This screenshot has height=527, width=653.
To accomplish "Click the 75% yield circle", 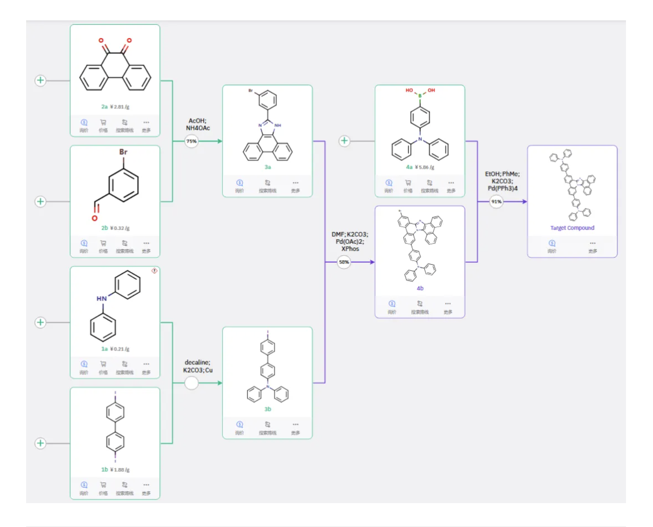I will click(191, 141).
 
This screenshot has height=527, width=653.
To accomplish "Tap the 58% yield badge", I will click(344, 262).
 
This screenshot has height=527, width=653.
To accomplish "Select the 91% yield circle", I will click(496, 201).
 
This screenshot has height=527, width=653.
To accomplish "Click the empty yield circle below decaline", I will click(191, 383).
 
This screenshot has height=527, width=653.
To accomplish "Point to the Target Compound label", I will click(572, 228).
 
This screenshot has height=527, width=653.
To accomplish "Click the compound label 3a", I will click(268, 167).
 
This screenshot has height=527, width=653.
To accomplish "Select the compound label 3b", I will click(268, 409).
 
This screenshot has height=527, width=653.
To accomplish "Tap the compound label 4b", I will click(420, 288).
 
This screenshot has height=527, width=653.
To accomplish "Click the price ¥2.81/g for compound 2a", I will click(120, 107).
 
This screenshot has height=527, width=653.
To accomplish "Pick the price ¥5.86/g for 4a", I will click(424, 167).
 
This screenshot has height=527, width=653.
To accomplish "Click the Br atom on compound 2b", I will click(123, 152).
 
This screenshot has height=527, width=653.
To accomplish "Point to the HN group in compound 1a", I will click(101, 298).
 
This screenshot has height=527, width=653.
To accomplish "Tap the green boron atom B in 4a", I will click(420, 96).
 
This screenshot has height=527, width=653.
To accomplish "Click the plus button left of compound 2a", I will click(40, 81).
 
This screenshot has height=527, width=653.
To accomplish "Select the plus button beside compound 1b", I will click(40, 443).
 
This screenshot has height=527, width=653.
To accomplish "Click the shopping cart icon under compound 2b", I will click(103, 243).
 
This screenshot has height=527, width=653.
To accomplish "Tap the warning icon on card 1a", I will click(154, 271).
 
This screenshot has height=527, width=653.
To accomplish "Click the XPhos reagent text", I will click(350, 249).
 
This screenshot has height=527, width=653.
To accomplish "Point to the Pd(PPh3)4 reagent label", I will click(502, 188).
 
